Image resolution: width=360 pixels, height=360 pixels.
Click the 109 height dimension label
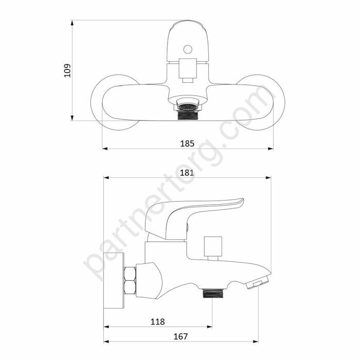coord(67,70)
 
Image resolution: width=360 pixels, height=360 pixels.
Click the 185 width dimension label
coord(187,143)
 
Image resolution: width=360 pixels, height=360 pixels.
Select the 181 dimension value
coord(187,173)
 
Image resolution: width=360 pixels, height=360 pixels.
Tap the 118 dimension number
coord(158,321)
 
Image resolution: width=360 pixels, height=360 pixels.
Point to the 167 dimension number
coord(181,336)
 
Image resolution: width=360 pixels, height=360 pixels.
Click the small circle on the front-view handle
coord(188,49)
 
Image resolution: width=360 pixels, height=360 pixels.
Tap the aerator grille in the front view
coord(188,107)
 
